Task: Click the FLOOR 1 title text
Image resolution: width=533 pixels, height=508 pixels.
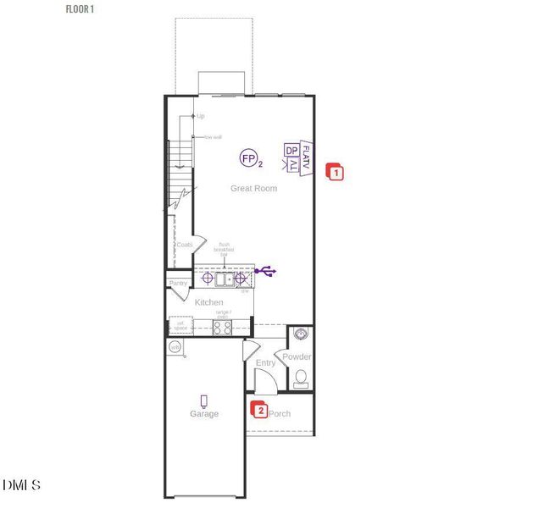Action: tap(81, 8)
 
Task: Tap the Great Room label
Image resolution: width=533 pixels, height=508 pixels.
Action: tap(253, 188)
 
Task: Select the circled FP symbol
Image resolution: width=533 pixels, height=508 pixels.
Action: tap(249, 158)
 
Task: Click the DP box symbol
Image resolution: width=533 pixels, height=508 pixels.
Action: tap(291, 151)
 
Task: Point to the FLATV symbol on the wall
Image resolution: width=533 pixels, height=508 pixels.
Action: tap(307, 158)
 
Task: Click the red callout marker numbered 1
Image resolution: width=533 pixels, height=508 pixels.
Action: tap(335, 173)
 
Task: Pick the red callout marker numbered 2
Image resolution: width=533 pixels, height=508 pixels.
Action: tap(260, 411)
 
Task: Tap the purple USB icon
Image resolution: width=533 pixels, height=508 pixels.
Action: tap(268, 272)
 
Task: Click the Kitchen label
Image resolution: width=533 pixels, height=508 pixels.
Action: tap(209, 302)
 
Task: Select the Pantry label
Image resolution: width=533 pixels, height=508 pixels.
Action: tap(178, 283)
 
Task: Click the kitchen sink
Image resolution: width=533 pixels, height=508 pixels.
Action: tap(225, 278)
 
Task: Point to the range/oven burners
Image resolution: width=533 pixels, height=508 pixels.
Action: tap(222, 327)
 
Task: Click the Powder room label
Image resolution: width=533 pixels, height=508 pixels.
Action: tap(297, 356)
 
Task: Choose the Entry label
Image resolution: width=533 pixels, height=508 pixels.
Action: tap(265, 363)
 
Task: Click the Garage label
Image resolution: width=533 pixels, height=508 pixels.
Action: tap(204, 414)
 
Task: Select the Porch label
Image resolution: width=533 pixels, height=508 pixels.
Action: tap(280, 414)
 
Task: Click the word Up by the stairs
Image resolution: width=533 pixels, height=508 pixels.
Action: tap(201, 116)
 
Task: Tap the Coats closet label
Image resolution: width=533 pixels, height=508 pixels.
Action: tap(184, 245)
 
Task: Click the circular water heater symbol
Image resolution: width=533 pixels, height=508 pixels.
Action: tap(175, 347)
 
